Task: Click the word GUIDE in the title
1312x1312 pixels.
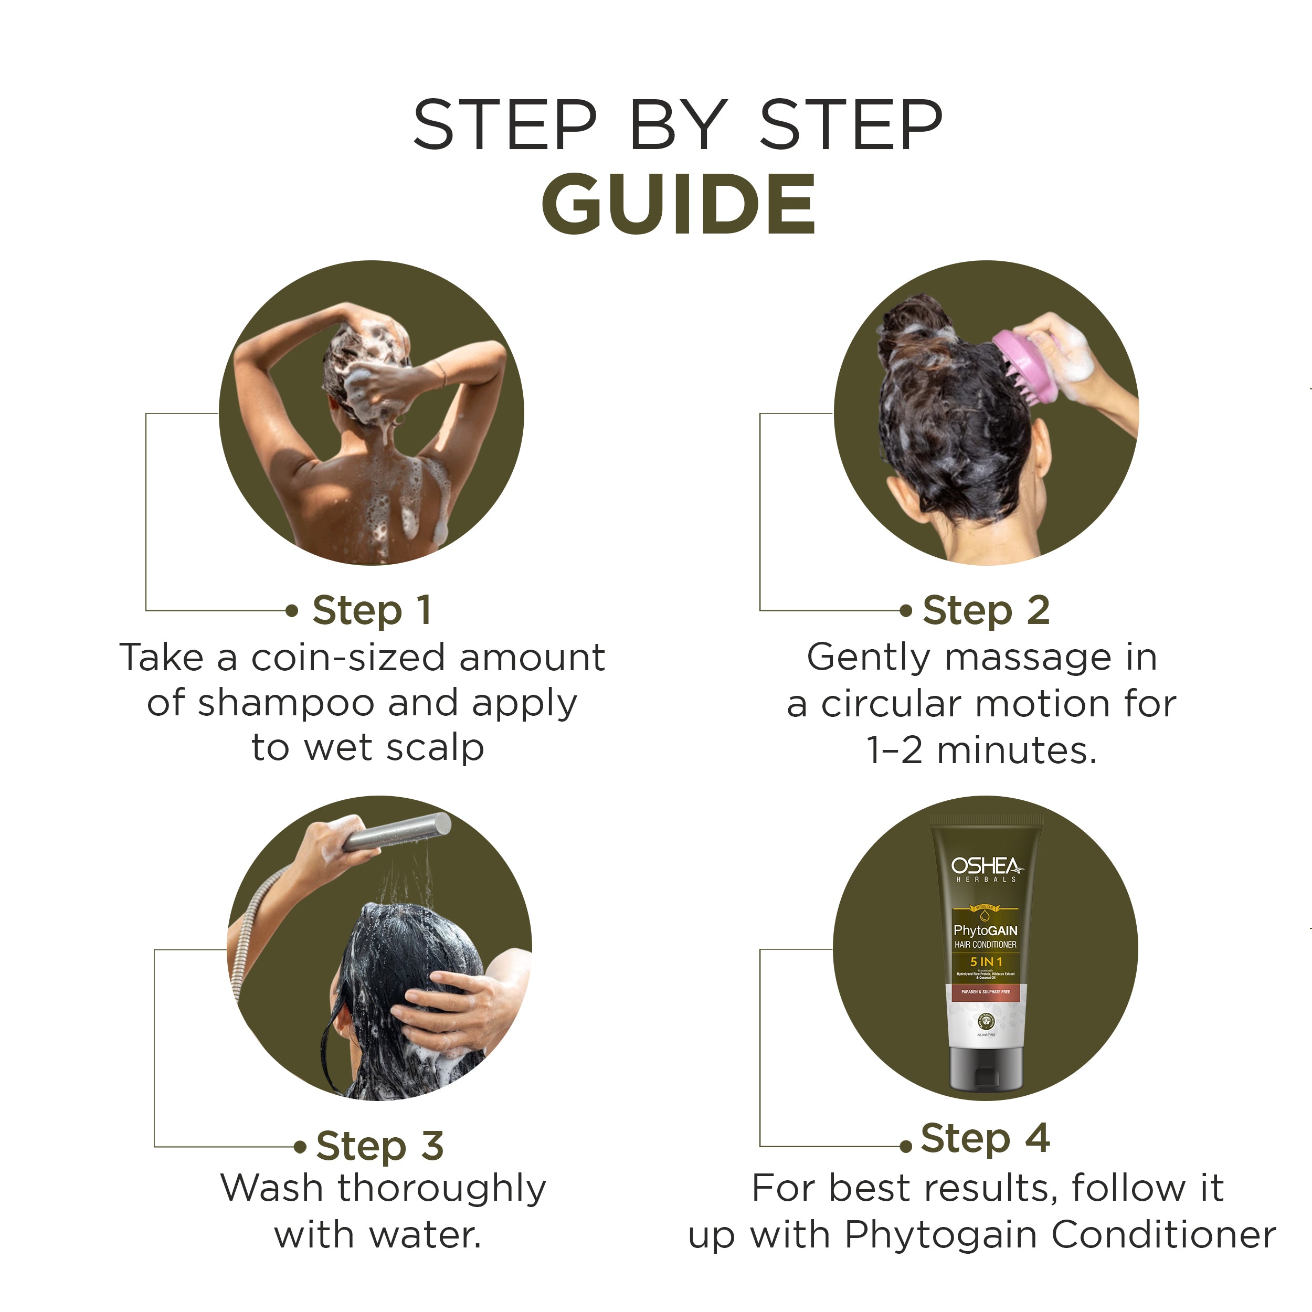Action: click(x=678, y=204)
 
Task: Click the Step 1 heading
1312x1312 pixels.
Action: click(x=372, y=610)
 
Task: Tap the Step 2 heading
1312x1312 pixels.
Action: click(x=986, y=610)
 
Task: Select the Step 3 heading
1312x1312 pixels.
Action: click(x=379, y=1146)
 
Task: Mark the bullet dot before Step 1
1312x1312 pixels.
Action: click(x=292, y=610)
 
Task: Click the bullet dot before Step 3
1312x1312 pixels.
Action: click(x=300, y=1147)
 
